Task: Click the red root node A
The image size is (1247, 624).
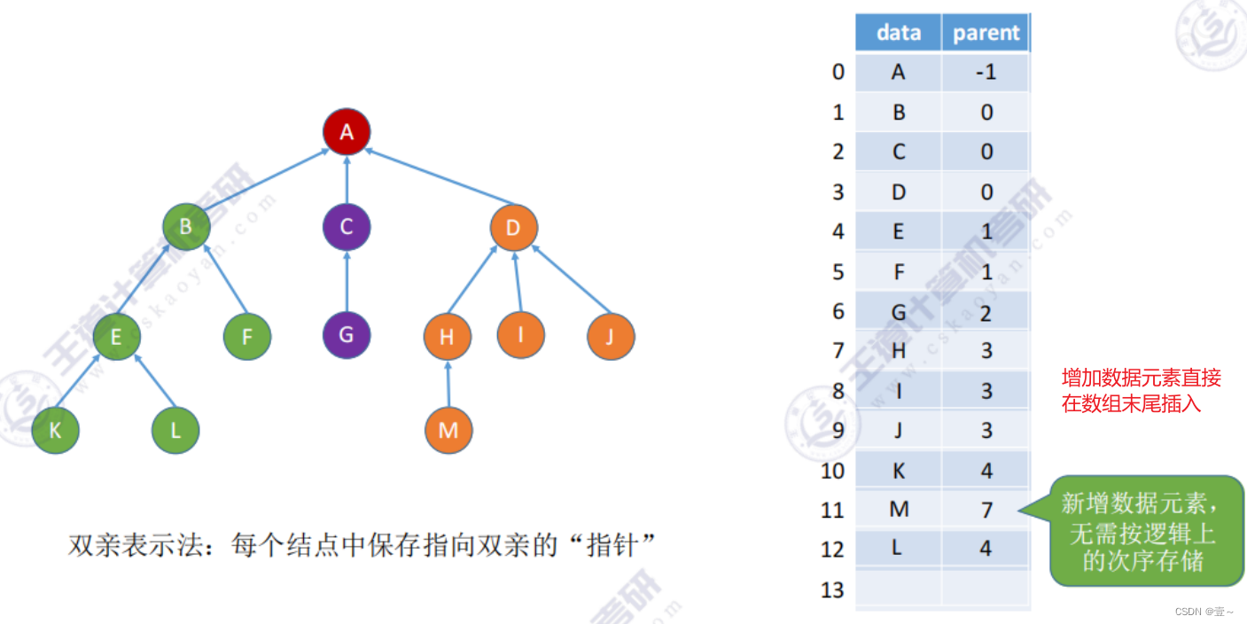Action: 347,132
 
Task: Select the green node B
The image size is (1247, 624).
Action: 186,227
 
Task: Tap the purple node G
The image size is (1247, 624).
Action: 347,335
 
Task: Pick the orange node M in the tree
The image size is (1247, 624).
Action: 448,430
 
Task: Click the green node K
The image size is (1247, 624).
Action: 55,431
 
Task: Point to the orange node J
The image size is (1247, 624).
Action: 611,336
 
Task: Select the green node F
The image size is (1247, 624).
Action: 247,337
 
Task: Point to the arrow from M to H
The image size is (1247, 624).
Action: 448,383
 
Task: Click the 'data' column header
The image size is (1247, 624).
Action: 898,33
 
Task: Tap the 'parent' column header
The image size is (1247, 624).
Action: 986,33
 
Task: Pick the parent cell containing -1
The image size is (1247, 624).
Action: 986,72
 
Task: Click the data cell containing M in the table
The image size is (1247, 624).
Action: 898,510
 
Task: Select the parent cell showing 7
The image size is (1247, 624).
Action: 986,510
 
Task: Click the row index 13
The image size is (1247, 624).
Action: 832,589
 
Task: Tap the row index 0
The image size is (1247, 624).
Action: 838,72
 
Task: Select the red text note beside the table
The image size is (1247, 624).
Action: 1142,391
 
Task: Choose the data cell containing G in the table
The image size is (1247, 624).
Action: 898,311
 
